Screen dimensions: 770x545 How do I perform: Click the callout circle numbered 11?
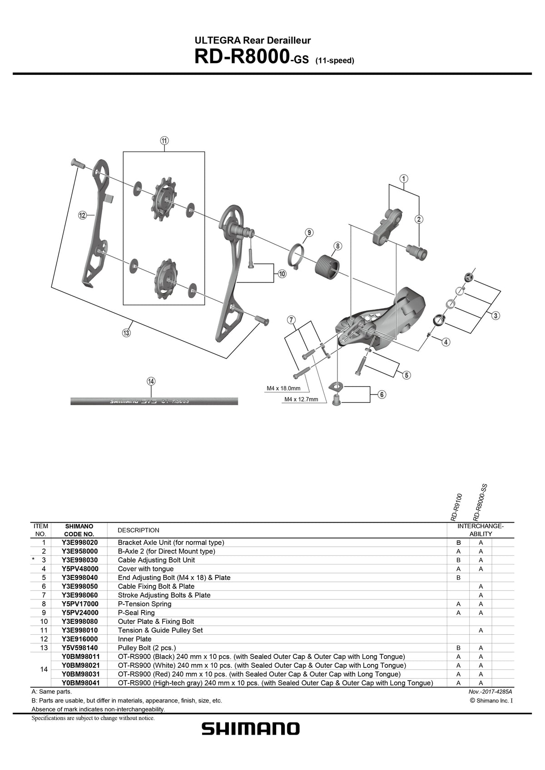click(x=164, y=141)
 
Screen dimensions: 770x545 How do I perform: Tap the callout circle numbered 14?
click(x=151, y=381)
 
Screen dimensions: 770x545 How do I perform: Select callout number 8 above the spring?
click(x=337, y=246)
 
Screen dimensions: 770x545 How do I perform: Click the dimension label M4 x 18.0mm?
click(x=283, y=388)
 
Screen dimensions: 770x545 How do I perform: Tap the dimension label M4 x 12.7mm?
click(x=301, y=399)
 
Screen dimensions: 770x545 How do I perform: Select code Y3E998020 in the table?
click(x=79, y=542)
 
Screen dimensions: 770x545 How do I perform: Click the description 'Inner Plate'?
click(x=134, y=639)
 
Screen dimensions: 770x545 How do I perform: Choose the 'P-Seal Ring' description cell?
click(x=136, y=613)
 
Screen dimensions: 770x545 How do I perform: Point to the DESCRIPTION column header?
click(x=138, y=530)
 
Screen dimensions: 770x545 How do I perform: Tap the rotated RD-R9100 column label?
click(x=456, y=507)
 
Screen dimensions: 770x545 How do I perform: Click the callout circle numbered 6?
click(x=382, y=395)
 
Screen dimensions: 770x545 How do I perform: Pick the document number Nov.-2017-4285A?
click(x=490, y=692)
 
